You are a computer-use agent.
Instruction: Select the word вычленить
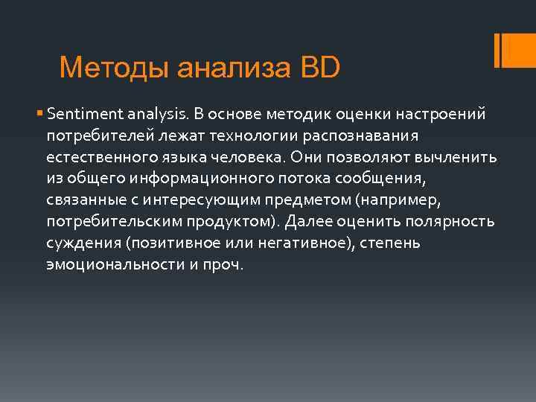click(x=462, y=159)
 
